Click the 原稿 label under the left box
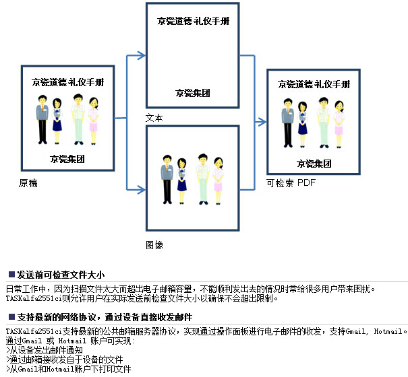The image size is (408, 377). (x=28, y=183)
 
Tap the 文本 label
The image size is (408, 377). (x=154, y=118)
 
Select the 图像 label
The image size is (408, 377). (x=154, y=245)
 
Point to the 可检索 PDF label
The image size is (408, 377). (x=291, y=182)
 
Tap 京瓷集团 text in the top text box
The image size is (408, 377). (x=192, y=93)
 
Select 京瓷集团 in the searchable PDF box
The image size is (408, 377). (x=314, y=163)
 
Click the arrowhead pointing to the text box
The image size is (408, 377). (x=142, y=56)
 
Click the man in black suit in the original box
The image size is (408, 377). (x=42, y=118)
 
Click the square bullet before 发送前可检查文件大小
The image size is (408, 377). (x=11, y=275)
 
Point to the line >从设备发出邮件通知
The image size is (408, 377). (x=44, y=350)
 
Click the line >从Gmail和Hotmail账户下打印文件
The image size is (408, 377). (x=68, y=369)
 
